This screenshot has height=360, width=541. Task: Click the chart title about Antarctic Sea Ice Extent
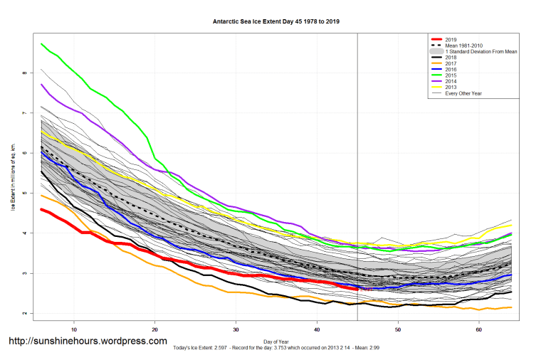click(276, 21)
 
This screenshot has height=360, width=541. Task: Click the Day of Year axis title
click(276, 342)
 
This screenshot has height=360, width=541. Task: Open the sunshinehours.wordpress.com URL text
click(88, 342)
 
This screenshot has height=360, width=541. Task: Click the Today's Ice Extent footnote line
click(276, 349)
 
